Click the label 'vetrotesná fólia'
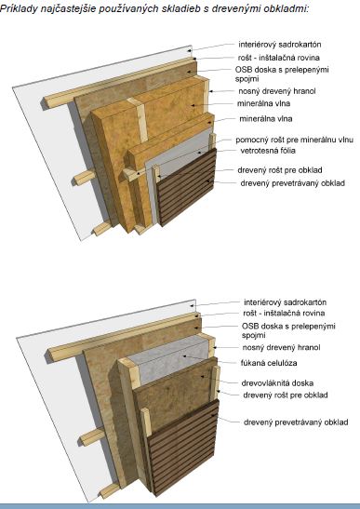coord(268,151)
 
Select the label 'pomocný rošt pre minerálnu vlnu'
coord(295,140)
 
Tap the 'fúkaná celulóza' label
coord(269,363)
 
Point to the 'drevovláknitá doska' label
coord(277,383)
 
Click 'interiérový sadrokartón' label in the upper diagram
coord(280,44)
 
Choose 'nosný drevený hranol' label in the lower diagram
coord(281,347)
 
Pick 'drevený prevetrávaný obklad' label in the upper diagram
coord(292,183)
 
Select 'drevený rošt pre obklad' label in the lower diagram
coord(286,395)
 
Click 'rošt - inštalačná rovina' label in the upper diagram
coord(279,58)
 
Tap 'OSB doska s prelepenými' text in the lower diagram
coord(288,326)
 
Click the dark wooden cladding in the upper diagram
coord(187,187)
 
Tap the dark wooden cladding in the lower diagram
coord(184,448)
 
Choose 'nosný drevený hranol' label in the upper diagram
coord(277,91)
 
